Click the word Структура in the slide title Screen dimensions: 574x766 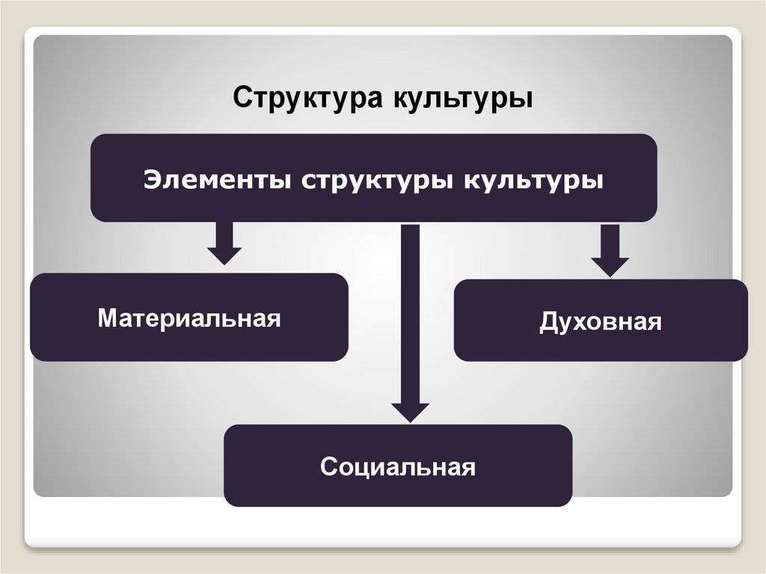click(x=306, y=98)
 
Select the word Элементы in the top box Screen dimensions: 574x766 click(x=219, y=180)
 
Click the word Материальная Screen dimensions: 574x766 click(x=189, y=318)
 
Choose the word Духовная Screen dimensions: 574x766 click(x=601, y=323)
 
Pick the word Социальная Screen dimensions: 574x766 click(x=398, y=468)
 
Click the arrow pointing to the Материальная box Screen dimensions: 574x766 click(x=224, y=242)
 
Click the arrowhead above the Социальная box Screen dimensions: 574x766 click(x=410, y=412)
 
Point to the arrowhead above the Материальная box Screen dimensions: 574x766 click(x=224, y=255)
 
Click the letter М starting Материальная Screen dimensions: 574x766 click(x=106, y=318)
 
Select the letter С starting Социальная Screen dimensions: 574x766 click(x=328, y=468)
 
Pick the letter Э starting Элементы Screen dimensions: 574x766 click(x=152, y=180)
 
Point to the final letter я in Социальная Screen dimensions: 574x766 click(x=469, y=469)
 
